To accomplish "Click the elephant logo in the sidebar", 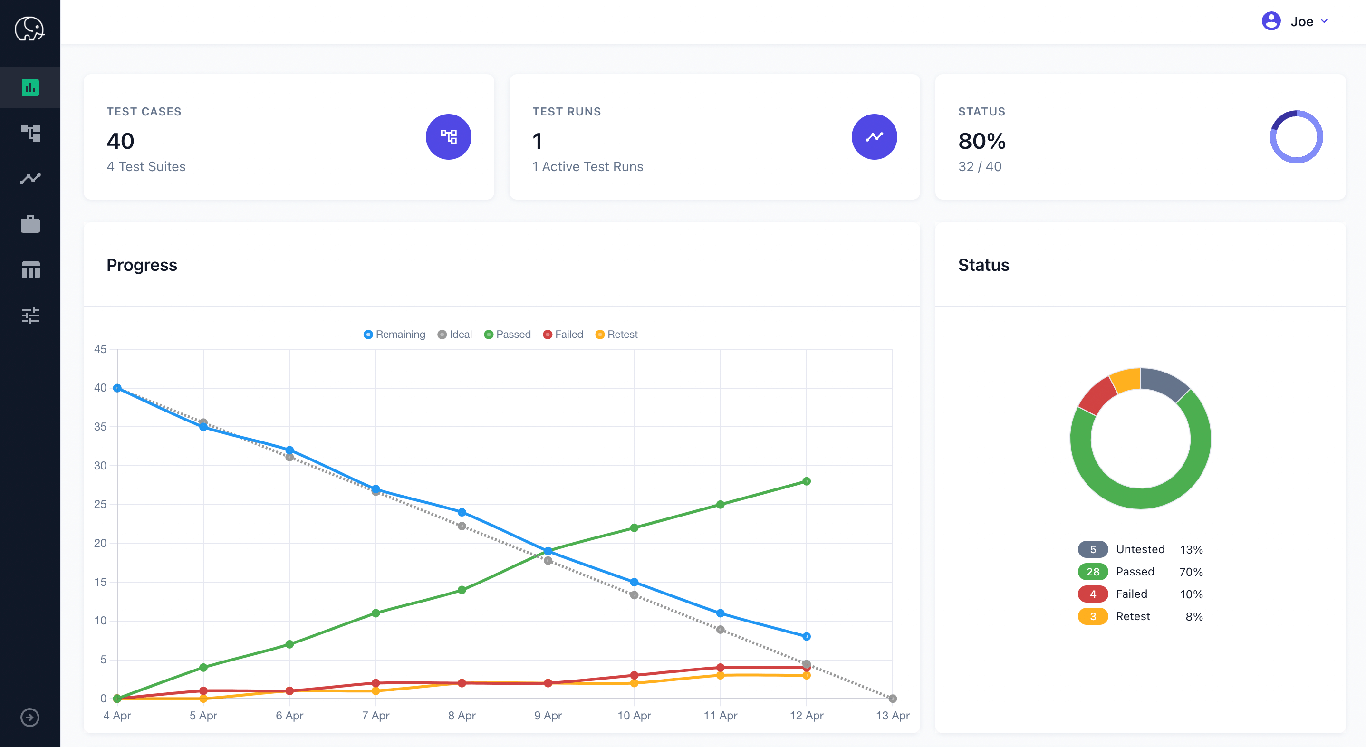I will (x=29, y=29).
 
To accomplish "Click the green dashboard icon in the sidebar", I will (x=30, y=87).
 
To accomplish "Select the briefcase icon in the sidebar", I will (x=30, y=224).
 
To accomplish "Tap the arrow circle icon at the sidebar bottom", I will (x=29, y=718).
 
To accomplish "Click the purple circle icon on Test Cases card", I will (x=448, y=137).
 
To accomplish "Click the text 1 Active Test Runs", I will (x=587, y=166).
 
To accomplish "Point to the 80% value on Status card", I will (x=981, y=141).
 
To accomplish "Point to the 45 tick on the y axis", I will (x=100, y=349).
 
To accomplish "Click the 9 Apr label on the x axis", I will (x=548, y=716).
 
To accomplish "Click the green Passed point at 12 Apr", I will (x=806, y=481).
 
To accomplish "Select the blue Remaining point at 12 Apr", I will (x=806, y=636).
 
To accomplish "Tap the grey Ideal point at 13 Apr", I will (x=893, y=698).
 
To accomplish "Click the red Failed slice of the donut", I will (x=1097, y=395).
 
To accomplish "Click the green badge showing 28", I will (x=1092, y=572).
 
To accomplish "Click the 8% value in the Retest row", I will (x=1193, y=617).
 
